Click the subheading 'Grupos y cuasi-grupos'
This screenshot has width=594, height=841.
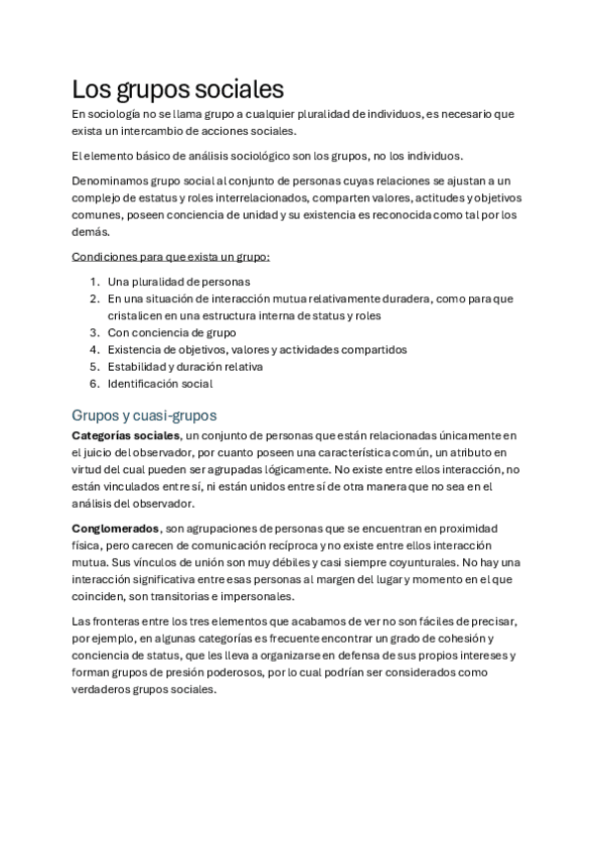145,415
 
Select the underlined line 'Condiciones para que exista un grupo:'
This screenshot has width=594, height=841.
171,258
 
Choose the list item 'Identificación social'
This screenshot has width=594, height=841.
160,384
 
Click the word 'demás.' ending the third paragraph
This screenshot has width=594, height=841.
91,231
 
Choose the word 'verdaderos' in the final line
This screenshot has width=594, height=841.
103,690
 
